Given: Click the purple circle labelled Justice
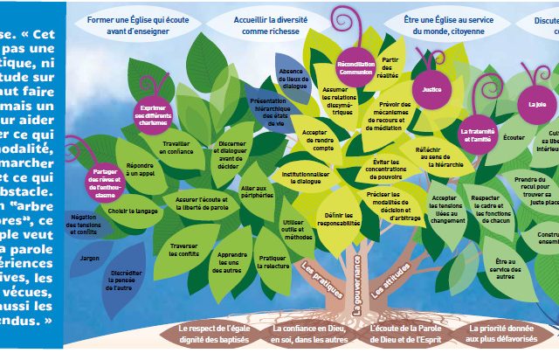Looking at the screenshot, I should (x=430, y=89).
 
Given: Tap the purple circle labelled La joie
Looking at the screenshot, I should (x=535, y=103).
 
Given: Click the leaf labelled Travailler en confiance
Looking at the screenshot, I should (x=176, y=148).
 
